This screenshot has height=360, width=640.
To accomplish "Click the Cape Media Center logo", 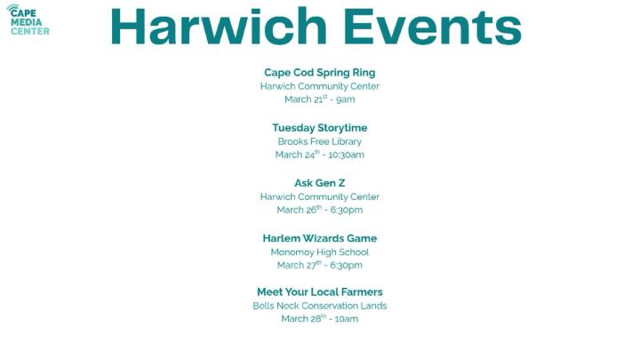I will click(28, 20).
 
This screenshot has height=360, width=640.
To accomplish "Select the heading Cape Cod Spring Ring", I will click(319, 72).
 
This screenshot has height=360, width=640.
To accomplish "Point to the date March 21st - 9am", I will click(319, 100).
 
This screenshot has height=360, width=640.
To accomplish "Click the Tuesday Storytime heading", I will click(319, 127).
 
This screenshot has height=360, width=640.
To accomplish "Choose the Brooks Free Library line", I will click(319, 141).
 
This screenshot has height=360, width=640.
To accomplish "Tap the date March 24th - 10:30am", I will click(319, 155).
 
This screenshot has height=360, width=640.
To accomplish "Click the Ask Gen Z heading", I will click(319, 183).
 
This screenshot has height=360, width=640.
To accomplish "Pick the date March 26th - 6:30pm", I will click(319, 210).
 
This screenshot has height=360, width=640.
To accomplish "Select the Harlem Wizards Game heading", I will click(319, 238).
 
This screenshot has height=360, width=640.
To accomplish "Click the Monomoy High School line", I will click(319, 252).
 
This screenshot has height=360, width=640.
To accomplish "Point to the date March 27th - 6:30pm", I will click(319, 265).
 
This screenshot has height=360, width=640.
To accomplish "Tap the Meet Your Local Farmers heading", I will click(319, 292).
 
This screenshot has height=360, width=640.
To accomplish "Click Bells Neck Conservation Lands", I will click(319, 306).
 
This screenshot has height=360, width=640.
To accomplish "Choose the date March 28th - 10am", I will click(319, 318).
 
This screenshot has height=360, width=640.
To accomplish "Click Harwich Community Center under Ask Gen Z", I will click(319, 196).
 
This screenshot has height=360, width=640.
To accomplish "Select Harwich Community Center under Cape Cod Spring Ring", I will click(319, 86).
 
